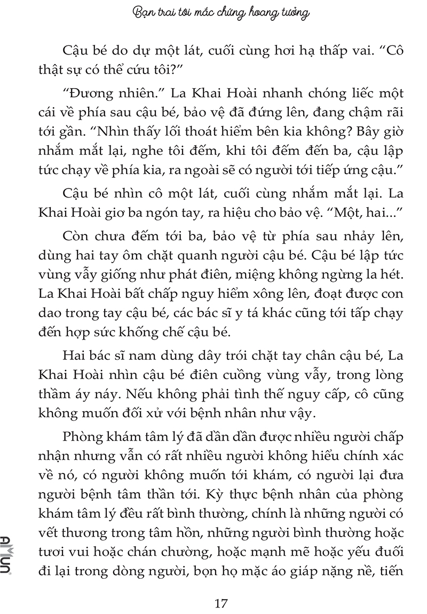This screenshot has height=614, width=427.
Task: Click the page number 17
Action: (x=221, y=589)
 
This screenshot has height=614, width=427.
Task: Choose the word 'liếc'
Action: (x=351, y=95)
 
